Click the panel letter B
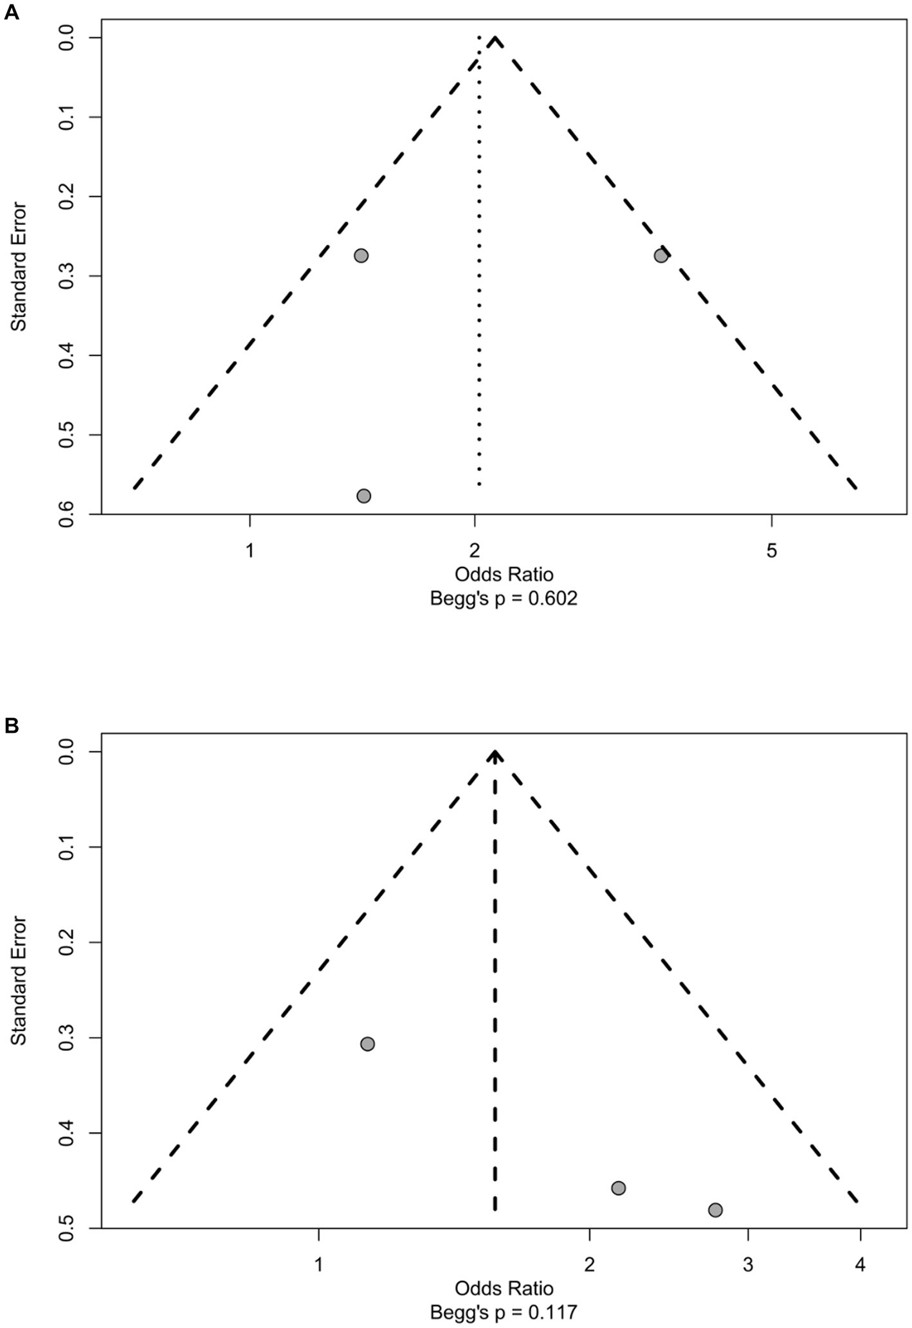point(12,726)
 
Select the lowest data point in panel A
point(363,496)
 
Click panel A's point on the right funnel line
point(661,255)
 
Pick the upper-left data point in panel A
point(361,255)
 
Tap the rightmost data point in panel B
point(715,1210)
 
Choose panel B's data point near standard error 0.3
point(367,1044)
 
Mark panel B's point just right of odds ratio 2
point(618,1188)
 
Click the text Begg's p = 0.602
point(504,599)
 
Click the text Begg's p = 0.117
point(504,1313)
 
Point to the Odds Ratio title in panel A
point(504,574)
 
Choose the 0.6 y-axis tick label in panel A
point(70,514)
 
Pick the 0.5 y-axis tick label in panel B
point(70,1227)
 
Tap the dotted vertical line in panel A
point(479,257)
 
